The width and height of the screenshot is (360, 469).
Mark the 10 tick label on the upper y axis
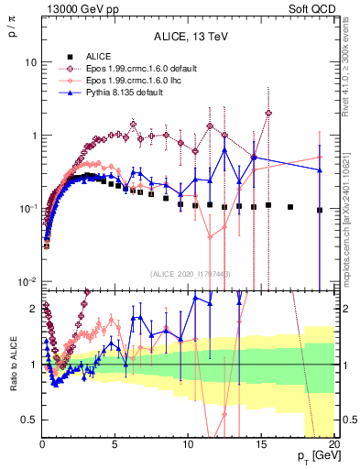[30, 62]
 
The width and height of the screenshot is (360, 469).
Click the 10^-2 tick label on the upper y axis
[28, 280]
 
